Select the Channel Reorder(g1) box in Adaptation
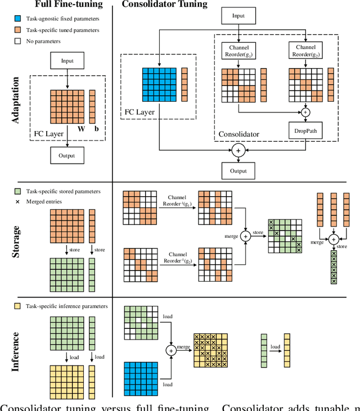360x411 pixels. click(238, 50)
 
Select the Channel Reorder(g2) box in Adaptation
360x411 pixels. click(305, 50)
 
